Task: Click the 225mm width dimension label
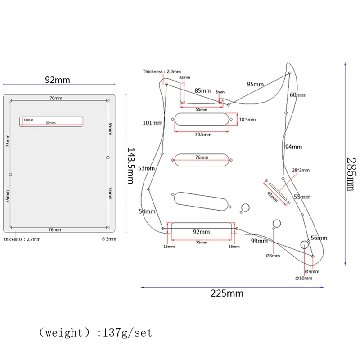click(227, 293)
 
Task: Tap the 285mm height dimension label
click(351, 174)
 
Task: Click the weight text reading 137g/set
click(95, 333)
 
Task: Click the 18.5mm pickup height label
click(247, 119)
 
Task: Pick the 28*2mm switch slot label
click(301, 171)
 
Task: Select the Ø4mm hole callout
click(312, 271)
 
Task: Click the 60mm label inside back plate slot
click(50, 123)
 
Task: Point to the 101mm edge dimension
click(153, 122)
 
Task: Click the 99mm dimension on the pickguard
click(260, 241)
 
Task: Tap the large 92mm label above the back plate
click(58, 80)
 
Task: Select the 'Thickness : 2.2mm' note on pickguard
click(162, 72)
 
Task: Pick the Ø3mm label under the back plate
click(109, 239)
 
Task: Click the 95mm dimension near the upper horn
click(255, 84)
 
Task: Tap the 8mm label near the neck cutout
click(220, 92)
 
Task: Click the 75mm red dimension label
click(201, 242)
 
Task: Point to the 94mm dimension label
click(294, 147)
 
